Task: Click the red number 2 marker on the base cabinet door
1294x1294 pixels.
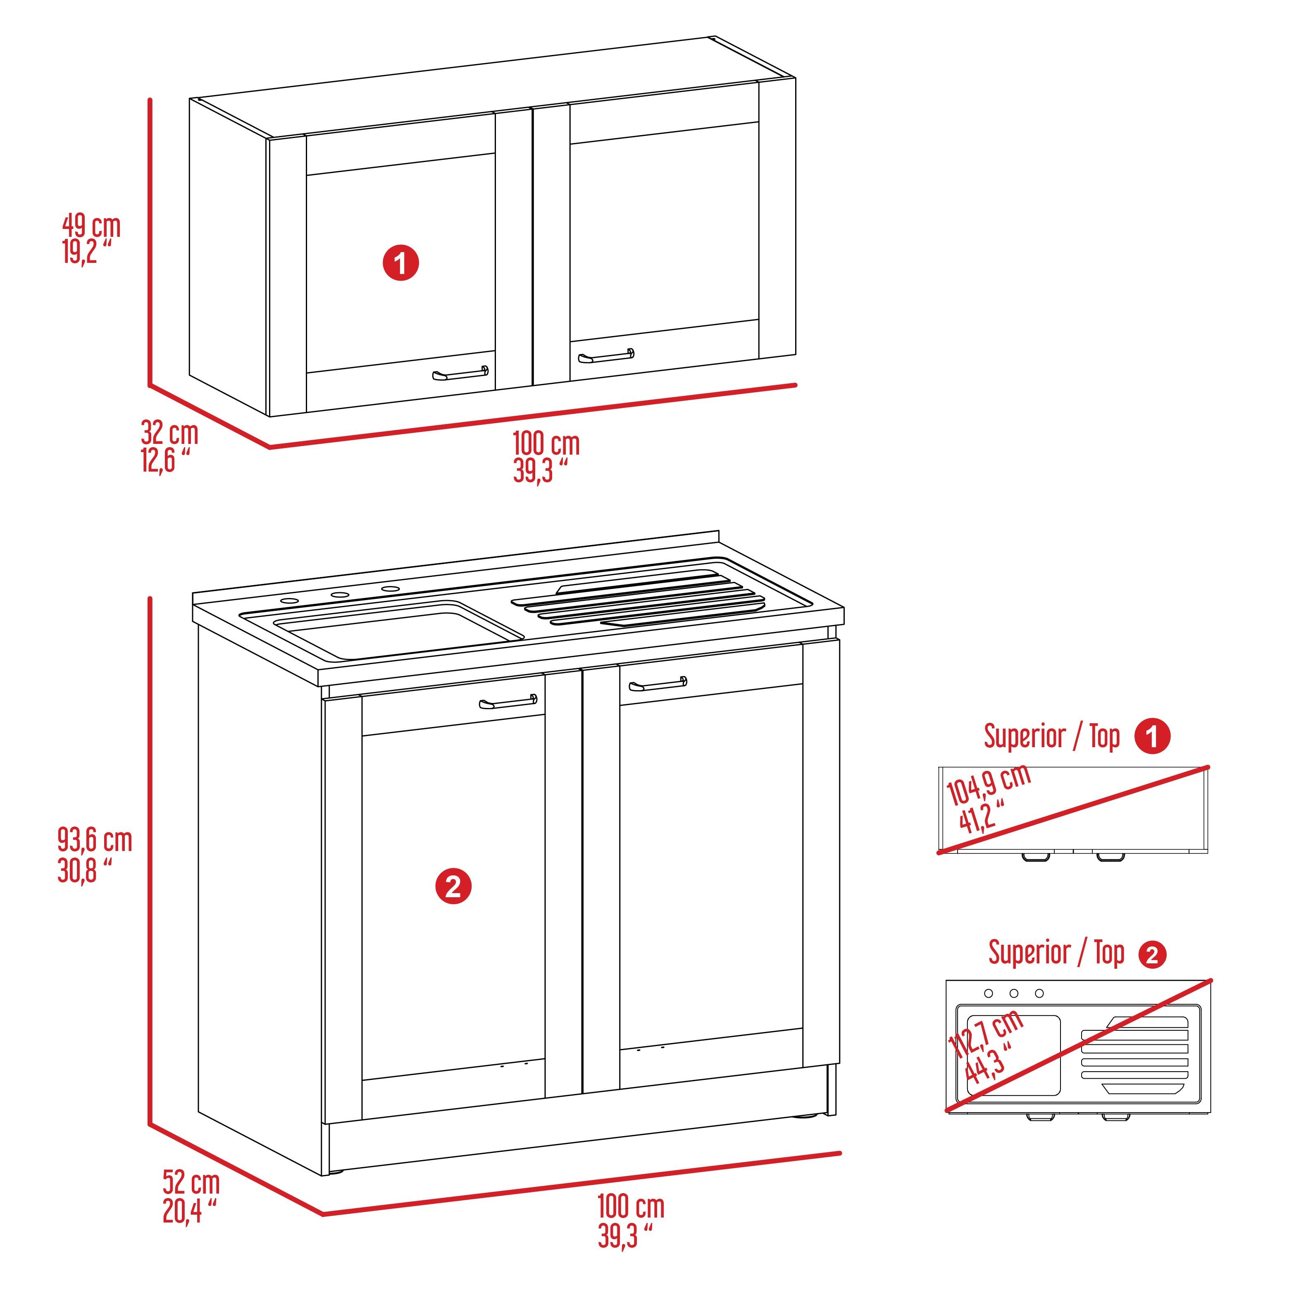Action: (x=453, y=887)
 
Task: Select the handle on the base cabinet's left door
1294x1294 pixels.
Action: (x=508, y=702)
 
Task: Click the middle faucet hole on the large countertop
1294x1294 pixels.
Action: (x=340, y=595)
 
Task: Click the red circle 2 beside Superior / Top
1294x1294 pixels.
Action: (x=1152, y=954)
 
